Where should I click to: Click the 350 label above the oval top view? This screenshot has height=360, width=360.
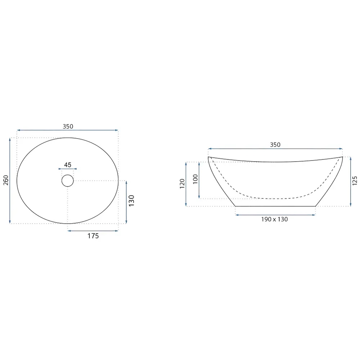click(x=68, y=126)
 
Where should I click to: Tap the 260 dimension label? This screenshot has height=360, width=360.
click(x=6, y=180)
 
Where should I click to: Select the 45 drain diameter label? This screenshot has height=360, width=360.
click(x=68, y=165)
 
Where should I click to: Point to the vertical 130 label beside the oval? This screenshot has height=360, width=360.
click(x=131, y=201)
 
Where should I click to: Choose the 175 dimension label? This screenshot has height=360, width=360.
click(x=93, y=236)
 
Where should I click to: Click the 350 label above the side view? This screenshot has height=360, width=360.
click(x=275, y=145)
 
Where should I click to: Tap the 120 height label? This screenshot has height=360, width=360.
click(x=182, y=184)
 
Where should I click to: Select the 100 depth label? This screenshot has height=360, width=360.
click(x=195, y=179)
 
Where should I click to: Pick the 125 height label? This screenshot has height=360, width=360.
click(x=355, y=181)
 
